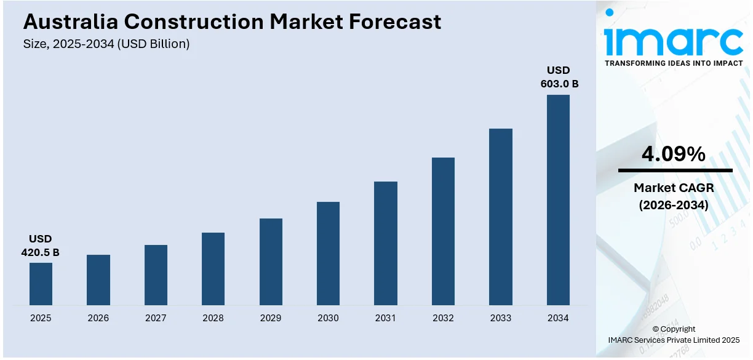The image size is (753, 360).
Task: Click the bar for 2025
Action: coord(41,284)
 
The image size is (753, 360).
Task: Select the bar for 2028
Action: coord(213,269)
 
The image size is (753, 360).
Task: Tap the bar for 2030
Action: coord(328,254)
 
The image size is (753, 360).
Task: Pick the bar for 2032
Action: coord(443,231)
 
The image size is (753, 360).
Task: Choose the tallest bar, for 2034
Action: coord(558,200)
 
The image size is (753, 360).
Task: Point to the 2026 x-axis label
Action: coord(98,318)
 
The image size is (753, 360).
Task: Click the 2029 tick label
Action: coord(271,318)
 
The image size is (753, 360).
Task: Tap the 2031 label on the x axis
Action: coord(386,318)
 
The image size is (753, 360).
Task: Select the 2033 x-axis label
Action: coord(501,318)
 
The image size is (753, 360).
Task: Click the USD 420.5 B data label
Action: coord(41,246)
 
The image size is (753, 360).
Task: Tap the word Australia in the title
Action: coord(70,22)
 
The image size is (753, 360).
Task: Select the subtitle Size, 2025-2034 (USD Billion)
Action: coord(106,44)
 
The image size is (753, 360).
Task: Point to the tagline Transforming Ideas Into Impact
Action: coord(674,63)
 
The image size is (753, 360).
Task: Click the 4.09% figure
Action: coord(674,154)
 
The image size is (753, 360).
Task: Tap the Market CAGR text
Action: coord(674,188)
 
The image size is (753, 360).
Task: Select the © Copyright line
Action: coord(674,329)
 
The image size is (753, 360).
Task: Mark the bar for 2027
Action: coord(156,275)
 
